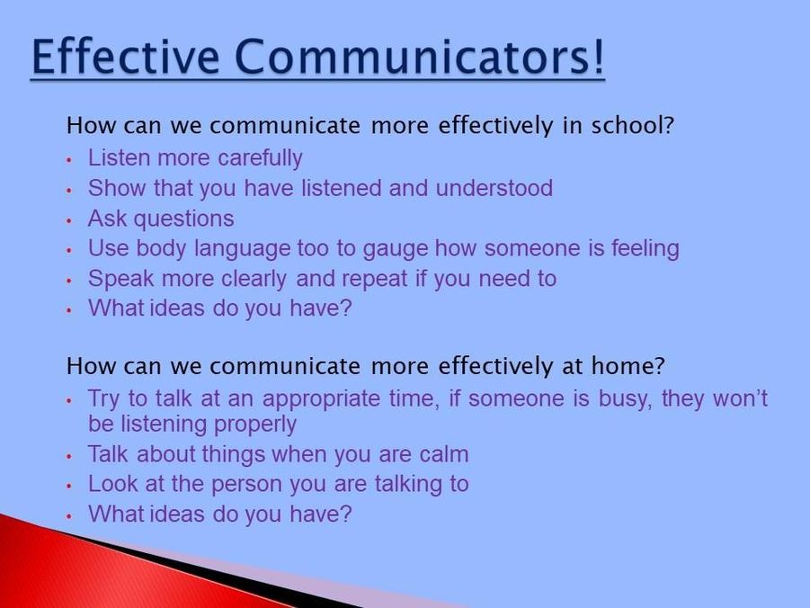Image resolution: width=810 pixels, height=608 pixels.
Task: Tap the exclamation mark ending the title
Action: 598,56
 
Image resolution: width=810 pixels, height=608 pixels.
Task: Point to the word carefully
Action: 260,158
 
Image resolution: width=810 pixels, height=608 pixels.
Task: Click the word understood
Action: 494,188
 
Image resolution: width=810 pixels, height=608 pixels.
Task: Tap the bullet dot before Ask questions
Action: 68,220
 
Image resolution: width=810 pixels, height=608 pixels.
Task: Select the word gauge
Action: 396,249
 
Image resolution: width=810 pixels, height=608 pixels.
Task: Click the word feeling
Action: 645,248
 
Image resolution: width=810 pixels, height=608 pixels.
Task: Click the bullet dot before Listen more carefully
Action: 68,160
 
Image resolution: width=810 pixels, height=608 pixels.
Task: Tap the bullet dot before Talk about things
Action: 68,457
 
